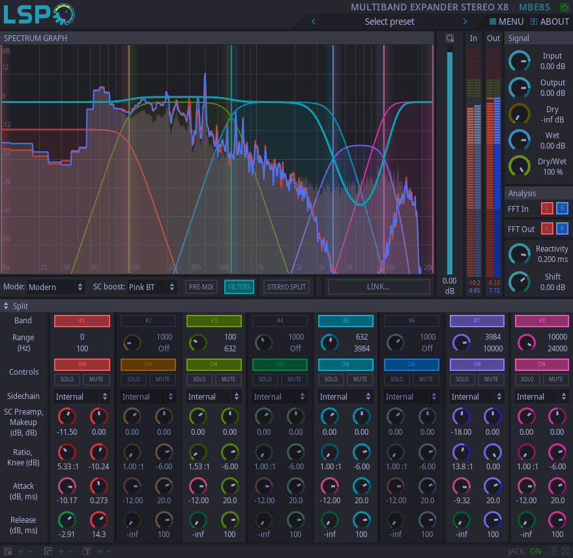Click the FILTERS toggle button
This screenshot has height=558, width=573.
[x=239, y=287]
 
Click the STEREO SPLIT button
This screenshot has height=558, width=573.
[x=287, y=287]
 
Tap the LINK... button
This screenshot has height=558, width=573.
[x=379, y=287]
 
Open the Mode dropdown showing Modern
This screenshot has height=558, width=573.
[x=56, y=287]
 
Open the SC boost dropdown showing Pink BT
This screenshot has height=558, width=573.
[x=152, y=287]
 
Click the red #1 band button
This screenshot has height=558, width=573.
[x=82, y=321]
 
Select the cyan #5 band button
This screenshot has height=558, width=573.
[x=345, y=321]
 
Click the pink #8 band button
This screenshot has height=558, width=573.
[x=542, y=321]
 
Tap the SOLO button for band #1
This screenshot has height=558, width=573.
[x=67, y=379]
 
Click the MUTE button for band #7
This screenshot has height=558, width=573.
[x=492, y=379]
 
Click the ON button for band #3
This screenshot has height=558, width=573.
[x=214, y=364]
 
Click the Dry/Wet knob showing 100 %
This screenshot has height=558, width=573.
[x=520, y=166]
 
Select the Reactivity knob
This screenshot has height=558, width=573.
[x=520, y=254]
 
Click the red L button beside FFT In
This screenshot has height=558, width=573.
[x=547, y=209]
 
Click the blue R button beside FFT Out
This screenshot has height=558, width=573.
[x=562, y=229]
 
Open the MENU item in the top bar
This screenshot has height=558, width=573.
[x=507, y=22]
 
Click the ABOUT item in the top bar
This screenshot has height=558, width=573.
[x=550, y=22]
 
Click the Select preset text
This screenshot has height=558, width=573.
[x=389, y=22]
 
